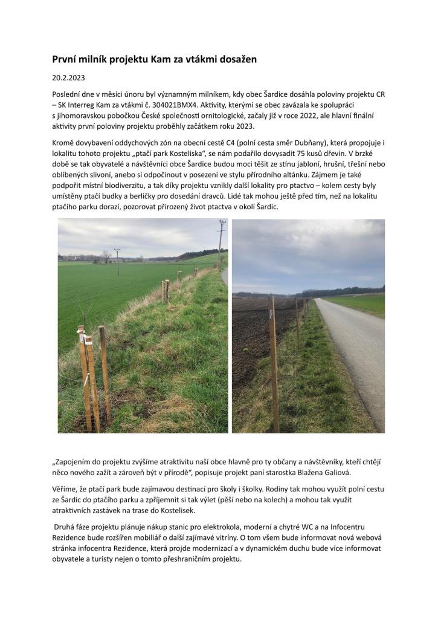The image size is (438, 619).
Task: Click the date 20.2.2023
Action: pos(68,78)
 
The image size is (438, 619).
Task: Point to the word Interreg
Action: pos(85,105)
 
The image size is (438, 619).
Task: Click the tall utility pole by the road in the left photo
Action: pos(221,242)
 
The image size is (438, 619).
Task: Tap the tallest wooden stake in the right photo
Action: pos(274,363)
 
